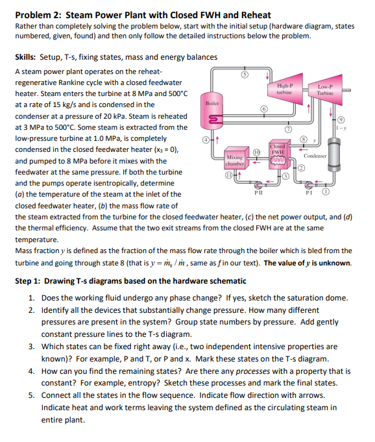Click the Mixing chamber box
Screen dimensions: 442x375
coord(234,160)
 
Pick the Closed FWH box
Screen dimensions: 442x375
coord(278,152)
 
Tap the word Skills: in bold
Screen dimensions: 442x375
coord(28,58)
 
